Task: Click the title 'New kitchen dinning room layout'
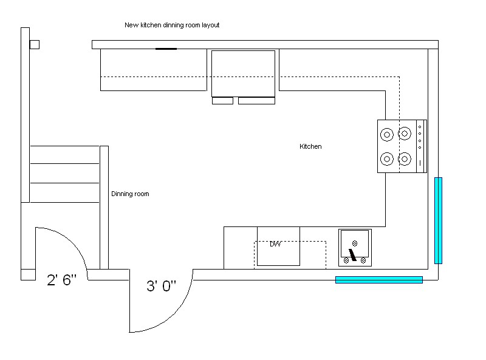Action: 172,25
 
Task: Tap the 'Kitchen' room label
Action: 310,147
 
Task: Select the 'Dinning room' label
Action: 130,194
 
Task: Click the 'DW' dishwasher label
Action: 275,244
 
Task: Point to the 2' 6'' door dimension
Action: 62,280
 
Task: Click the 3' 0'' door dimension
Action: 161,286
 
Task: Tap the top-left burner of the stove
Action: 387,134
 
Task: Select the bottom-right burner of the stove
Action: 405,159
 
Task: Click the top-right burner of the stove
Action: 405,134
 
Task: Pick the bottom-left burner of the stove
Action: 387,159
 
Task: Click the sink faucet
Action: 352,254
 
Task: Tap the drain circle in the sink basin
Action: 355,243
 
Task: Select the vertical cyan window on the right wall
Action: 438,220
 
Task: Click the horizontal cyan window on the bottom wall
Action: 378,280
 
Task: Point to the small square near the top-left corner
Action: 35,44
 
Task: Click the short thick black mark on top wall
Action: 166,49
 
